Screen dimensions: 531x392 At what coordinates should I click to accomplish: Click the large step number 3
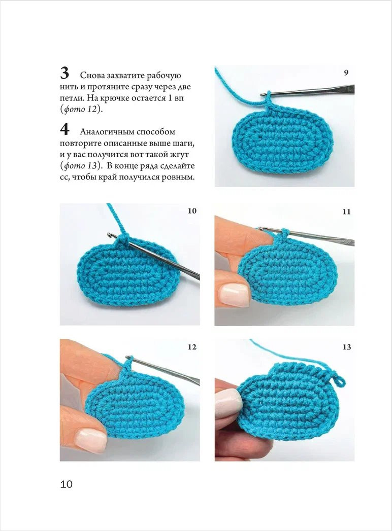64,73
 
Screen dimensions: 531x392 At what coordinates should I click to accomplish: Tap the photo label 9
346,73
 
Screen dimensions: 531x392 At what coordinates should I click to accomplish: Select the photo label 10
191,211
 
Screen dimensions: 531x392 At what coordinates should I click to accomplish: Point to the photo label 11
346,211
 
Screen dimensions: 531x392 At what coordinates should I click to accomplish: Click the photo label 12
191,347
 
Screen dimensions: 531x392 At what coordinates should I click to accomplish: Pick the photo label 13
346,347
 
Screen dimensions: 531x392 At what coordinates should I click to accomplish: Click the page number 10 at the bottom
67,484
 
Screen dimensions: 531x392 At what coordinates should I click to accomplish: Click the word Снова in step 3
92,76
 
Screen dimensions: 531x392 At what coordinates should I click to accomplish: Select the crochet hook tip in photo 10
110,235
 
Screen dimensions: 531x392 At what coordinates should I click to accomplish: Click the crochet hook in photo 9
310,91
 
